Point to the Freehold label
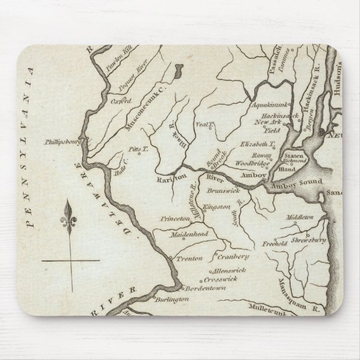click(x=274, y=244)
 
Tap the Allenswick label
click(x=221, y=269)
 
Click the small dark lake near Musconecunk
click(x=178, y=72)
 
